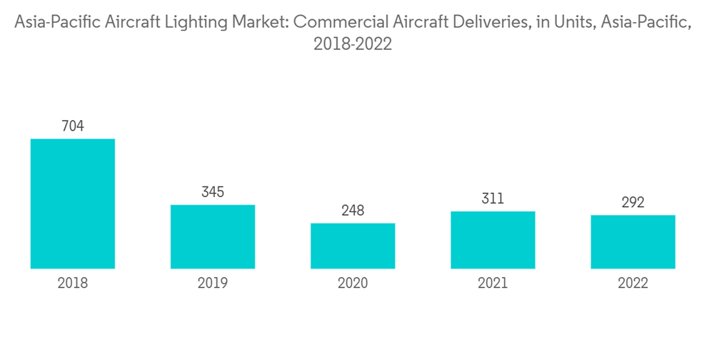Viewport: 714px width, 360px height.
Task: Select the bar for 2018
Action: (73, 204)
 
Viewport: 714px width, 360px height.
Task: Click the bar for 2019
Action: (213, 236)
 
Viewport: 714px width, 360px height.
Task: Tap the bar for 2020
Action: (353, 246)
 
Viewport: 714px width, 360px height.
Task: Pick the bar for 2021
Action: (493, 240)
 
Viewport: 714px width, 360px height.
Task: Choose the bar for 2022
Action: (633, 241)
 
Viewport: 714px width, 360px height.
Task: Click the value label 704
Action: (73, 126)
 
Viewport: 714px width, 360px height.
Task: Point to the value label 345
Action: (213, 192)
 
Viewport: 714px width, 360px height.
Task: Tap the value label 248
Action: (353, 211)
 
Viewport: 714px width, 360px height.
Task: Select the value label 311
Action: (493, 199)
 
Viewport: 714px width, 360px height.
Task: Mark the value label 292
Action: (633, 203)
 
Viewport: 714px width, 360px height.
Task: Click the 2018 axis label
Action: (73, 284)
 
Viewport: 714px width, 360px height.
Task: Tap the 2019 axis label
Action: (213, 284)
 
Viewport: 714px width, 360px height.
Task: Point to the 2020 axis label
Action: (353, 284)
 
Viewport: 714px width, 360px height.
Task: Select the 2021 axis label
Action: (493, 284)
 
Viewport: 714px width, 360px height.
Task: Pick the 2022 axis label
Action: (633, 284)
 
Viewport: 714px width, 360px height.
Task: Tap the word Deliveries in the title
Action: (485, 21)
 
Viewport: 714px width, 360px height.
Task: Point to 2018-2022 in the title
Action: (353, 44)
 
